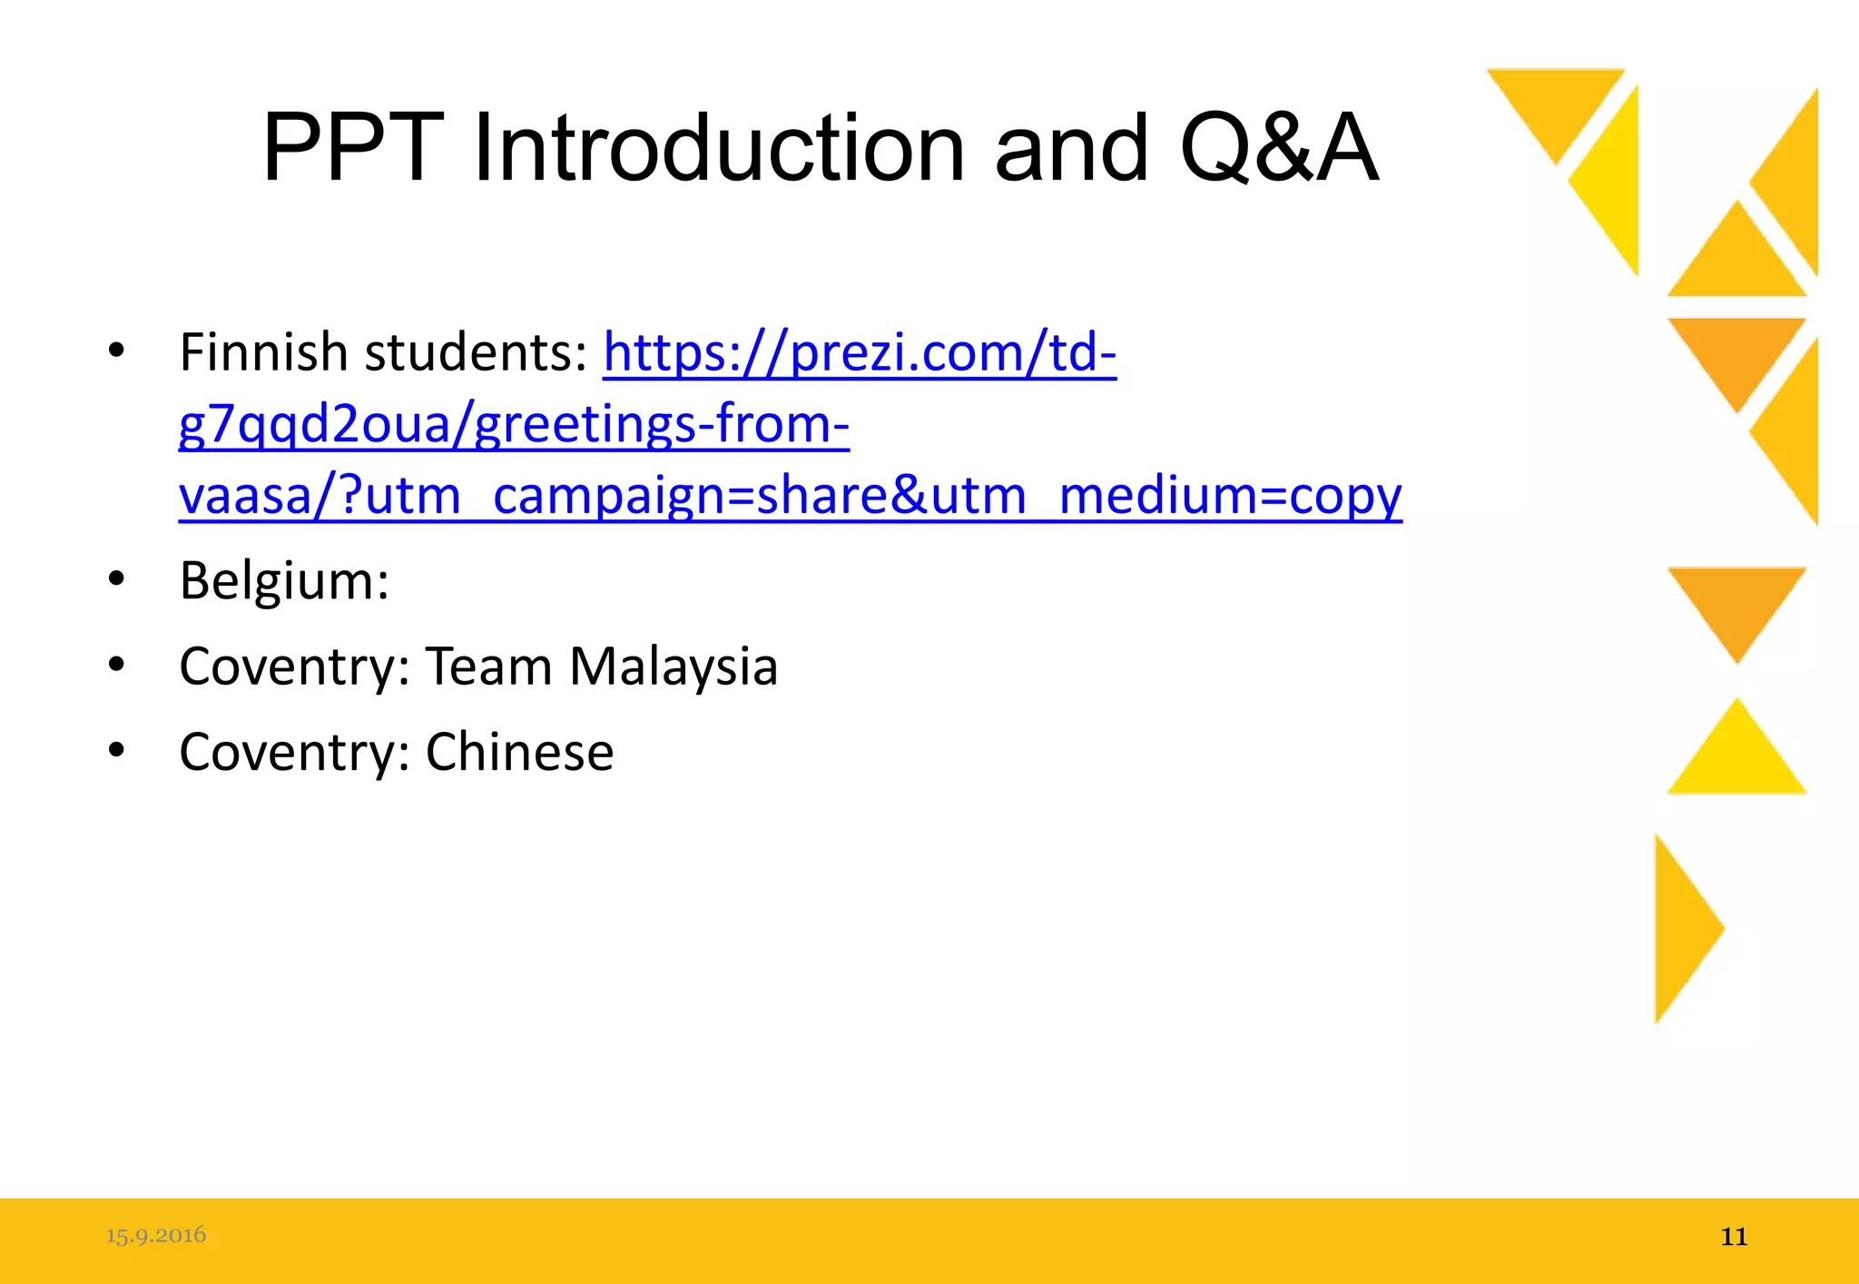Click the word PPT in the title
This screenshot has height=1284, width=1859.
[352, 148]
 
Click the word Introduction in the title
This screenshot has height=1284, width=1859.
[719, 148]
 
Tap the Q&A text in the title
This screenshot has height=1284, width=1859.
[1279, 148]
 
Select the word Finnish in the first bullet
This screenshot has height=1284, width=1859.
[263, 352]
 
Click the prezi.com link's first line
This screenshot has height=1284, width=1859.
[860, 352]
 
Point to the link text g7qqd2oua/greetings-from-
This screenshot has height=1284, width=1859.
[514, 424]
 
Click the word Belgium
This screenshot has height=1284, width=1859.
[283, 581]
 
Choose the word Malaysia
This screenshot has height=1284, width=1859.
[674, 667]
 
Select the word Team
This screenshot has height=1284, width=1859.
[488, 667]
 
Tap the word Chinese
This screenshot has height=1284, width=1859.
[519, 752]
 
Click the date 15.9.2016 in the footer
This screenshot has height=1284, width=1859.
[156, 1235]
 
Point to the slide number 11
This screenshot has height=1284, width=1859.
[1734, 1237]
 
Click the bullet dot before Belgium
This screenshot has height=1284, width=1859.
[116, 579]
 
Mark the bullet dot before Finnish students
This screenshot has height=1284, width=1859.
[116, 351]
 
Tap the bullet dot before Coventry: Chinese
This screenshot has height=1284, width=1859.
[116, 750]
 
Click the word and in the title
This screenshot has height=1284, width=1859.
[1071, 148]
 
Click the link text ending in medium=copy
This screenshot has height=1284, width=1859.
[790, 497]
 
